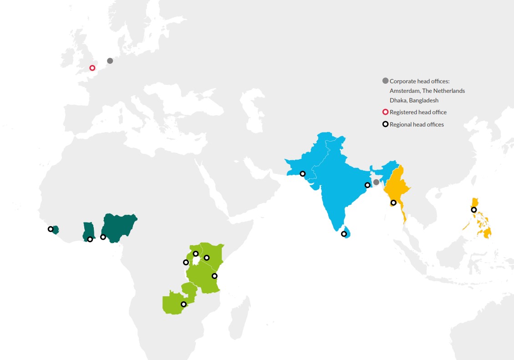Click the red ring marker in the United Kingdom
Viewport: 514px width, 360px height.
coord(92,68)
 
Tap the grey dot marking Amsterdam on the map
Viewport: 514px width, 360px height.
coord(110,61)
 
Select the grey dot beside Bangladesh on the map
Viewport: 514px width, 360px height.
coord(376,182)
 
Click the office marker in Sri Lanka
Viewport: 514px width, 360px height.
coord(344,234)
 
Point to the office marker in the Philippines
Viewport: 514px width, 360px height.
coord(473,210)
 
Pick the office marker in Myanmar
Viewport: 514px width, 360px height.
coord(393,203)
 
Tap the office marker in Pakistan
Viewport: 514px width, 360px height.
coord(302,173)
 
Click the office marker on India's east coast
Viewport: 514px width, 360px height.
coord(367,185)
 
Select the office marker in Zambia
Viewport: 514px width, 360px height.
coord(183,304)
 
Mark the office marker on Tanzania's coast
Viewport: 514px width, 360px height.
coord(214,276)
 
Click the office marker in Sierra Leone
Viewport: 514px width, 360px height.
coord(51,229)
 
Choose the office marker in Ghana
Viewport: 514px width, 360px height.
coord(90,239)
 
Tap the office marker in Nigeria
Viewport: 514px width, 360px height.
coord(103,237)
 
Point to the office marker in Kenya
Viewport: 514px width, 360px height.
coord(206,258)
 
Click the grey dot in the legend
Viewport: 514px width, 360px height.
coord(385,81)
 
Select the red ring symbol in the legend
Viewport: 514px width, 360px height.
coord(385,112)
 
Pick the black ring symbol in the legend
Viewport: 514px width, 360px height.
coord(385,124)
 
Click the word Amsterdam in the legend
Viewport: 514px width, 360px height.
coord(403,91)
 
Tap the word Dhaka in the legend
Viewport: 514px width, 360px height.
coord(397,100)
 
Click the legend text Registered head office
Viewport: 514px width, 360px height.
coord(418,112)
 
